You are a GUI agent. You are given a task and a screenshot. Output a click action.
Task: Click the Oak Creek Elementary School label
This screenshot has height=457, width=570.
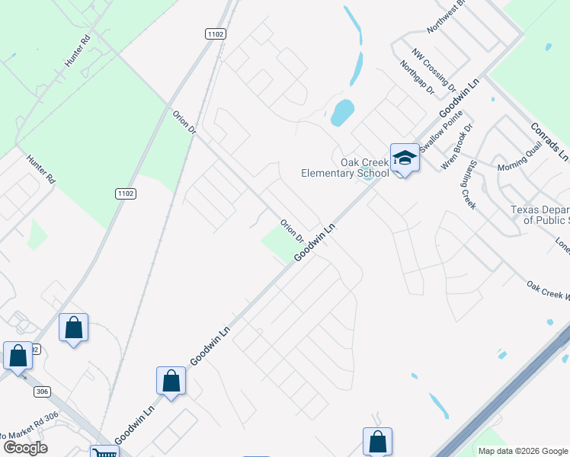point(344,168)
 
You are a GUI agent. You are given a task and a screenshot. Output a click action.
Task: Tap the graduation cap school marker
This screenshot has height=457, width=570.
point(405,158)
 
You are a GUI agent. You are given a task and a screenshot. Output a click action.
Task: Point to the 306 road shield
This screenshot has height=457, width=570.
point(43,391)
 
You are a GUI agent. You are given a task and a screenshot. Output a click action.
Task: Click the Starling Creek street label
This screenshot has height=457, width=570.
point(468,189)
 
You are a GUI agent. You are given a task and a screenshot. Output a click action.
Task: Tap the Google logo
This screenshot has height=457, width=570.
point(24,448)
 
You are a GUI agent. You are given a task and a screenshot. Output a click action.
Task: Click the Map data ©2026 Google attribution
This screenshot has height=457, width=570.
point(522,451)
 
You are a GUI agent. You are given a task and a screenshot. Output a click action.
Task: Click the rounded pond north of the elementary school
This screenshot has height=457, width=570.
point(342,112)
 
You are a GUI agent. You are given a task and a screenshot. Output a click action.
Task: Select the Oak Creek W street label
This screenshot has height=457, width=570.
point(547,289)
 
